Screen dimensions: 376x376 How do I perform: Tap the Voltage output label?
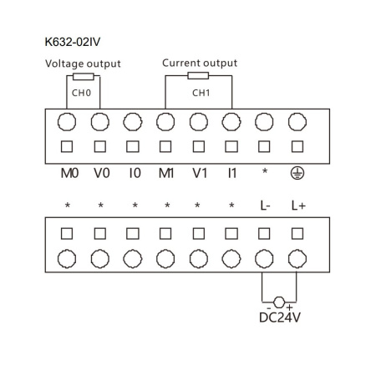pos(82,64)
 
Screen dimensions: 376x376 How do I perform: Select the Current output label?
pos(199,63)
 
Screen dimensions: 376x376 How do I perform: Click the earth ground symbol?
pos(296,173)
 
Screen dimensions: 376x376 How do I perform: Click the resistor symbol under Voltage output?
pos(82,75)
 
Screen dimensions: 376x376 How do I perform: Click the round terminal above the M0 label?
pos(67,122)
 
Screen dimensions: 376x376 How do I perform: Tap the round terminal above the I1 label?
pos(231,122)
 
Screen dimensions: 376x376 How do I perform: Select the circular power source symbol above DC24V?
pos(280,301)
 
